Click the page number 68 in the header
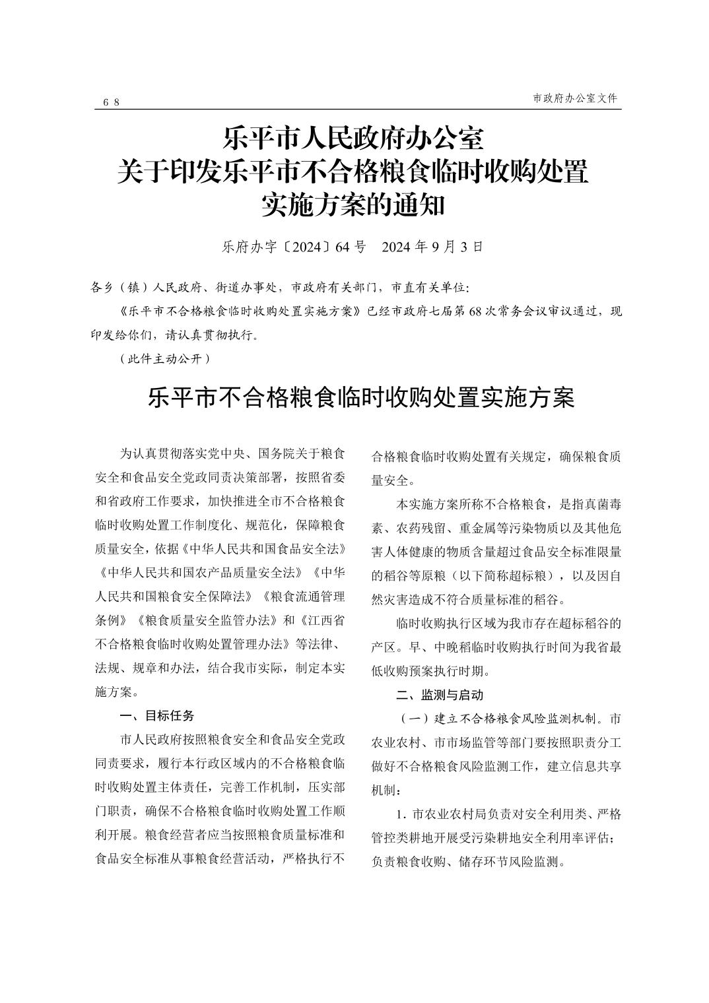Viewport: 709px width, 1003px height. click(112, 102)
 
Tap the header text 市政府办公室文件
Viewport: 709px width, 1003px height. click(574, 98)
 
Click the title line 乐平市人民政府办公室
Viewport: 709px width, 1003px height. click(354, 139)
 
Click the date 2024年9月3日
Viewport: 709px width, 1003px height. click(433, 247)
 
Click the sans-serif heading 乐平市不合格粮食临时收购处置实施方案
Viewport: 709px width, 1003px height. click(361, 399)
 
